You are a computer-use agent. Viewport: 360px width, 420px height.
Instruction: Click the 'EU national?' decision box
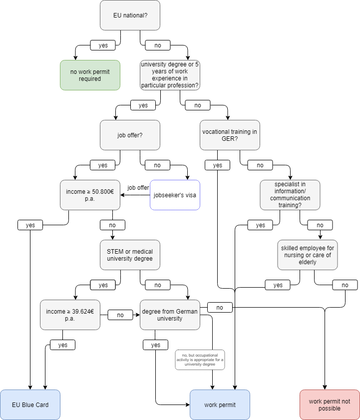point(130,15)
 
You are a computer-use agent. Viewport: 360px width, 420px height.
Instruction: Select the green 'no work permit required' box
point(90,75)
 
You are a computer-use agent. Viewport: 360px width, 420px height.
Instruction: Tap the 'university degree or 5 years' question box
point(170,75)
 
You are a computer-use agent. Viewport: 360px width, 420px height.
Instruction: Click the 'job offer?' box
point(130,135)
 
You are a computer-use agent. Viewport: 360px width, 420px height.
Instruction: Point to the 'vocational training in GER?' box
point(230,135)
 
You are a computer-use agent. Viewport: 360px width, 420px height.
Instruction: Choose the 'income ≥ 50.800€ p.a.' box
point(90,195)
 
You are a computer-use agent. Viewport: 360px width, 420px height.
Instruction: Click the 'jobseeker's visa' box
point(175,195)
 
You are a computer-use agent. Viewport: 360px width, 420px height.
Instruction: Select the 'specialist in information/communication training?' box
point(290,195)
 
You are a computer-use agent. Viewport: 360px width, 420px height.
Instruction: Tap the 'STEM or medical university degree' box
point(130,255)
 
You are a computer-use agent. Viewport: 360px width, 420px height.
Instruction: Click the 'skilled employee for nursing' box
point(307,255)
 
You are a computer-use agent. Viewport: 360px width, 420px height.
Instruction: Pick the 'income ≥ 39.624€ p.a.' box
point(70,315)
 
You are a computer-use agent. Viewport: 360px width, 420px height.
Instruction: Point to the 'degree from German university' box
point(170,315)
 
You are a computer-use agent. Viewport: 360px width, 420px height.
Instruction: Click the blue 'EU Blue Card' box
point(30,405)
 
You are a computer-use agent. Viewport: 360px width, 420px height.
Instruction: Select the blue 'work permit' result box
point(220,405)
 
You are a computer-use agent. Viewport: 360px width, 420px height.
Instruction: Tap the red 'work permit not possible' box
point(330,405)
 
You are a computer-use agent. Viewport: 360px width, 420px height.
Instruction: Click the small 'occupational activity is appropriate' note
point(200,360)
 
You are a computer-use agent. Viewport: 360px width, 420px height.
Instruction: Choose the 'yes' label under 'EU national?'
point(103,45)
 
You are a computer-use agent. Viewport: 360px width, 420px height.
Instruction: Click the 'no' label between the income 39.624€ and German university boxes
point(120,315)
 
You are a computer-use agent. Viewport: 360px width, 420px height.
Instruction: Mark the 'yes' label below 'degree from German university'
point(155,345)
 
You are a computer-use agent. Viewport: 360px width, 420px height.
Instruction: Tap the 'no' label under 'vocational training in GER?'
point(260,165)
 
